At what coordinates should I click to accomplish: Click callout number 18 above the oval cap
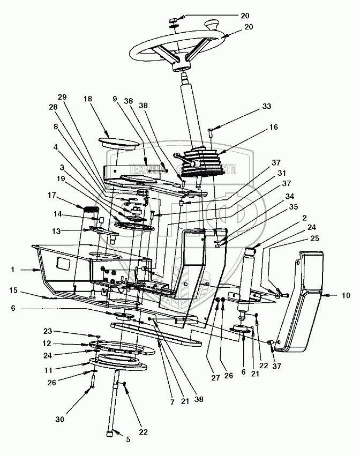pos(88,99)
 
